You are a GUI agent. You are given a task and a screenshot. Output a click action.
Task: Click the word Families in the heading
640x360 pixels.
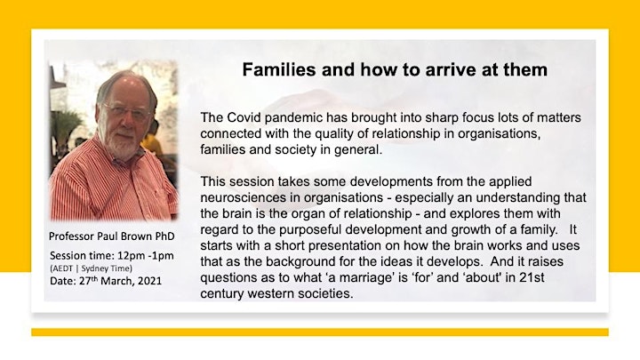click(x=279, y=70)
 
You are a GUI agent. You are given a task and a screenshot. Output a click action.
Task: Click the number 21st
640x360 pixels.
click(x=532, y=277)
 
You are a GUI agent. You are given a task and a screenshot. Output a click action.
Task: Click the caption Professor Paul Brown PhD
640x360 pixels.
click(x=111, y=236)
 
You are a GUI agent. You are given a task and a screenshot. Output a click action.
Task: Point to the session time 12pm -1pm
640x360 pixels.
click(x=145, y=256)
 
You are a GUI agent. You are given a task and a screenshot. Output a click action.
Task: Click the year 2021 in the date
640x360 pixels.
click(x=149, y=281)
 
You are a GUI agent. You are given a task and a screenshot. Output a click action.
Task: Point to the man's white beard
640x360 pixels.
click(x=124, y=143)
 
